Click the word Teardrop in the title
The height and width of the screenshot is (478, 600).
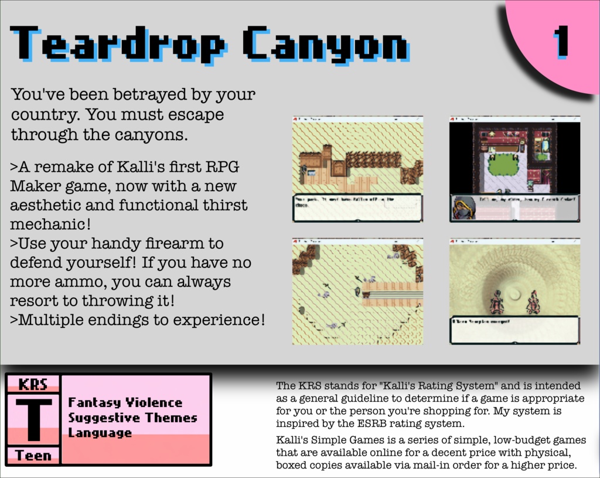coord(117,44)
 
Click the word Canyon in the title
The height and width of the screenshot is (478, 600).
coord(325,44)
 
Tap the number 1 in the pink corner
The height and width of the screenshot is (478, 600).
coord(561,42)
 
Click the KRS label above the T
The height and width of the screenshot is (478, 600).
coord(33,385)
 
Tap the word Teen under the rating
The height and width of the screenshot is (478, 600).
coord(33,455)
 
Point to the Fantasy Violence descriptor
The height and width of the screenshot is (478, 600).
coord(125,402)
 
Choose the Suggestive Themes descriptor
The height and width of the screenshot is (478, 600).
coord(132,418)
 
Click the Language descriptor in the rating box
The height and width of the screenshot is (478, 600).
coord(100,433)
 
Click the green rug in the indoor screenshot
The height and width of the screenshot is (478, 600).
coord(503,164)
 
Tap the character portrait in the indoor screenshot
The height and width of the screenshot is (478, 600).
coord(464,208)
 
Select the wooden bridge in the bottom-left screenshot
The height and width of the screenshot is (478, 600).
coord(392,291)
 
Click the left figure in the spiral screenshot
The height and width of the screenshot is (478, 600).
coord(497,302)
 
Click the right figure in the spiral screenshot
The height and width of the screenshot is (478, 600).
coord(533,302)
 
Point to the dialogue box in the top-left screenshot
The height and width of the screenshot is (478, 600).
coord(357,207)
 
